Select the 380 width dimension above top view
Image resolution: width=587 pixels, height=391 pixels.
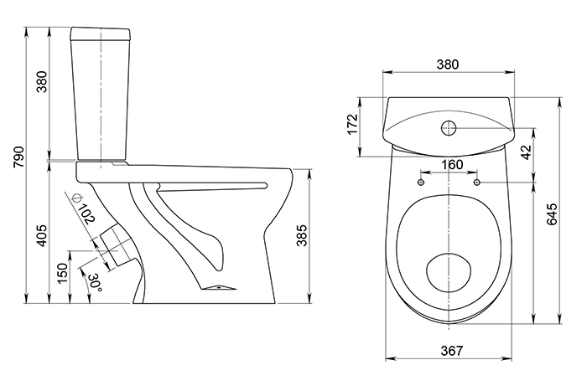point(450,66)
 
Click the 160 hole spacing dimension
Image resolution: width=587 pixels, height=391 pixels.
point(450,164)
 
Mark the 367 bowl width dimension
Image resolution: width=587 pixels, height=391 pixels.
point(450,352)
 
